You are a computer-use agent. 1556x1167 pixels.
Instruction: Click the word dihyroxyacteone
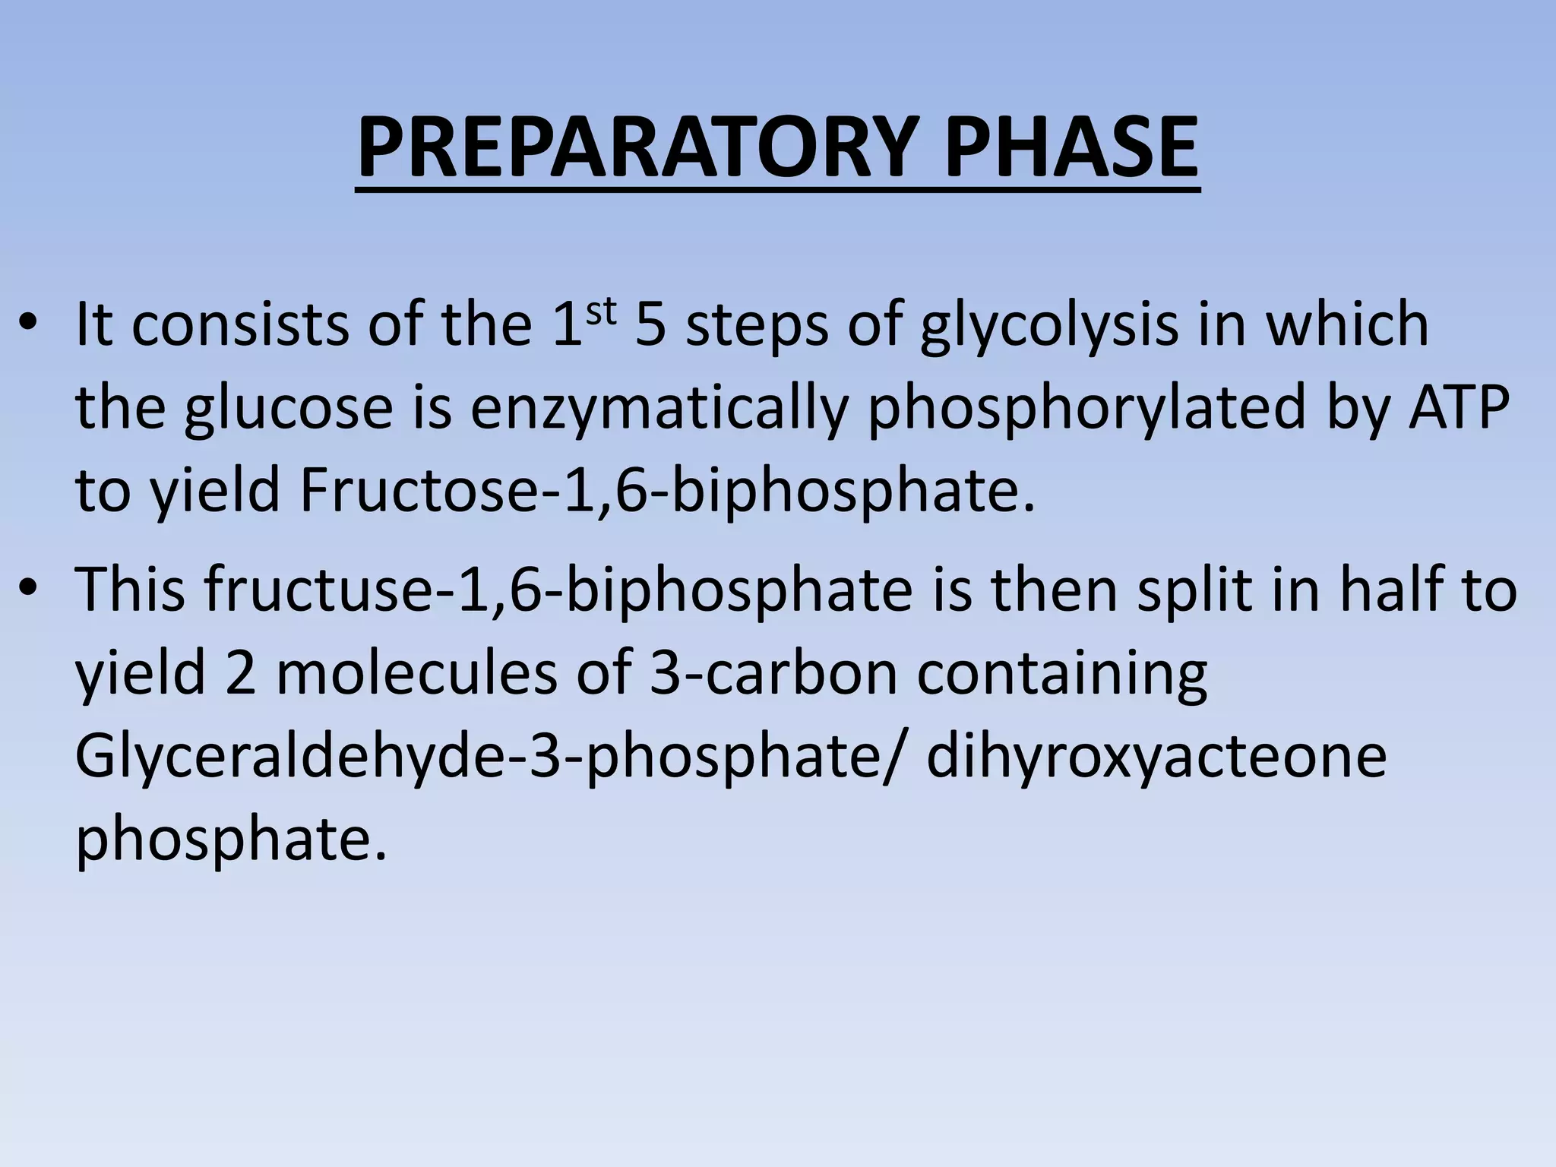(x=1156, y=757)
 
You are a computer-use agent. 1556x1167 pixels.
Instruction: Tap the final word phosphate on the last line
(x=231, y=840)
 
